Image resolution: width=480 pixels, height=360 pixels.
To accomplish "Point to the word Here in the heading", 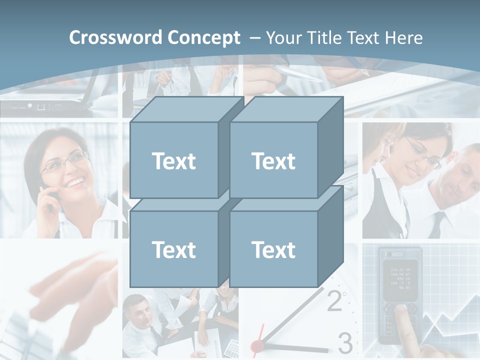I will click(x=403, y=38).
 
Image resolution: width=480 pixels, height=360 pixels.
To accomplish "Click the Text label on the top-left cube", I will click(x=174, y=161).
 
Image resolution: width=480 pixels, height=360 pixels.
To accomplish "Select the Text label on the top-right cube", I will click(x=273, y=161).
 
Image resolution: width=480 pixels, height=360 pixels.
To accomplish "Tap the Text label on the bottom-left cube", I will click(x=174, y=249).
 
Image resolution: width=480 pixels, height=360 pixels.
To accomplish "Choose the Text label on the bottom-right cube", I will click(x=273, y=249).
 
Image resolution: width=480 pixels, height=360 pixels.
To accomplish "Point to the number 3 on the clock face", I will click(x=345, y=343).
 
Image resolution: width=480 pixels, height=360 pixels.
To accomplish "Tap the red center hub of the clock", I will click(x=257, y=345).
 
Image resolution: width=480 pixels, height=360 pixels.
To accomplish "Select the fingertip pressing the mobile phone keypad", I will click(x=400, y=308).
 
